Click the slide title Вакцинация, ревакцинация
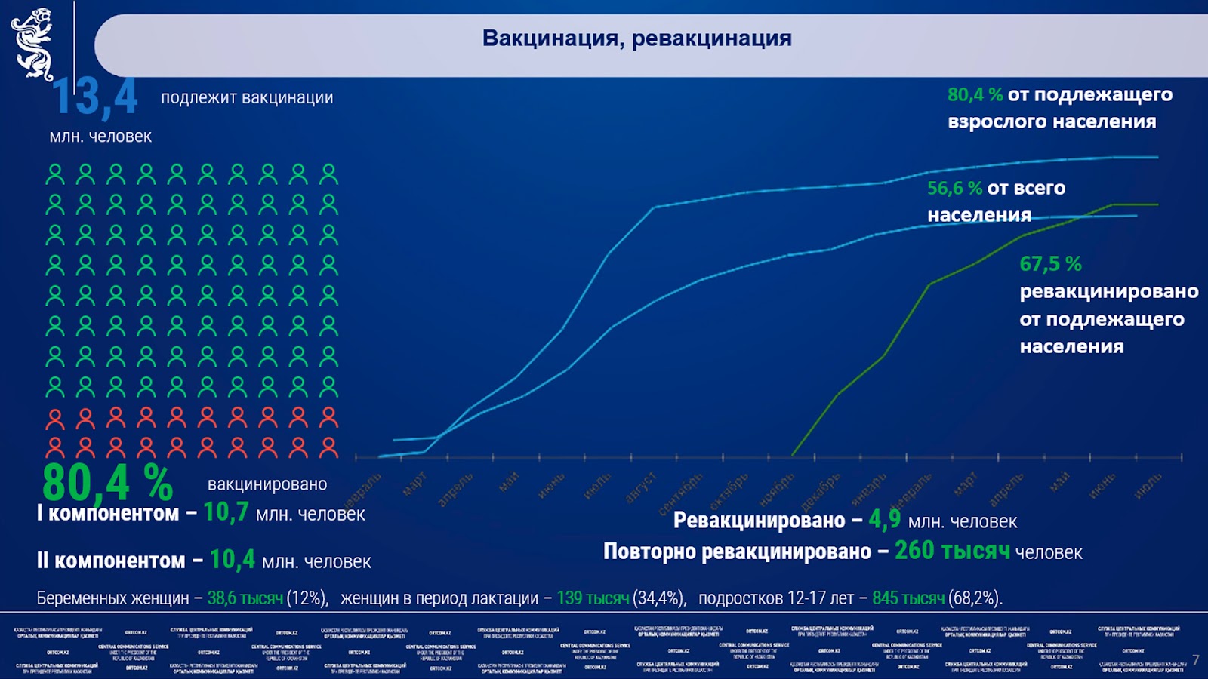pos(636,38)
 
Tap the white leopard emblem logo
pos(32,44)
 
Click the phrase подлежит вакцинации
pos(247,97)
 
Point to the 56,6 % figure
pos(954,188)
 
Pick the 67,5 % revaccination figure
pos(1050,264)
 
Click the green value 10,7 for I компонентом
pos(226,512)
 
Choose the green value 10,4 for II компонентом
pos(232,560)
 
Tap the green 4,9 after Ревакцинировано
pos(884,519)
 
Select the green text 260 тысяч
pos(951,551)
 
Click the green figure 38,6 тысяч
pos(245,598)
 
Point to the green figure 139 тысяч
pos(593,598)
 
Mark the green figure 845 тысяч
pos(908,598)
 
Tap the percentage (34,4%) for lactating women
pos(659,598)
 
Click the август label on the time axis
pos(642,487)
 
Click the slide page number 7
pos(1195,660)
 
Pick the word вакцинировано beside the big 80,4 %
pos(267,484)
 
